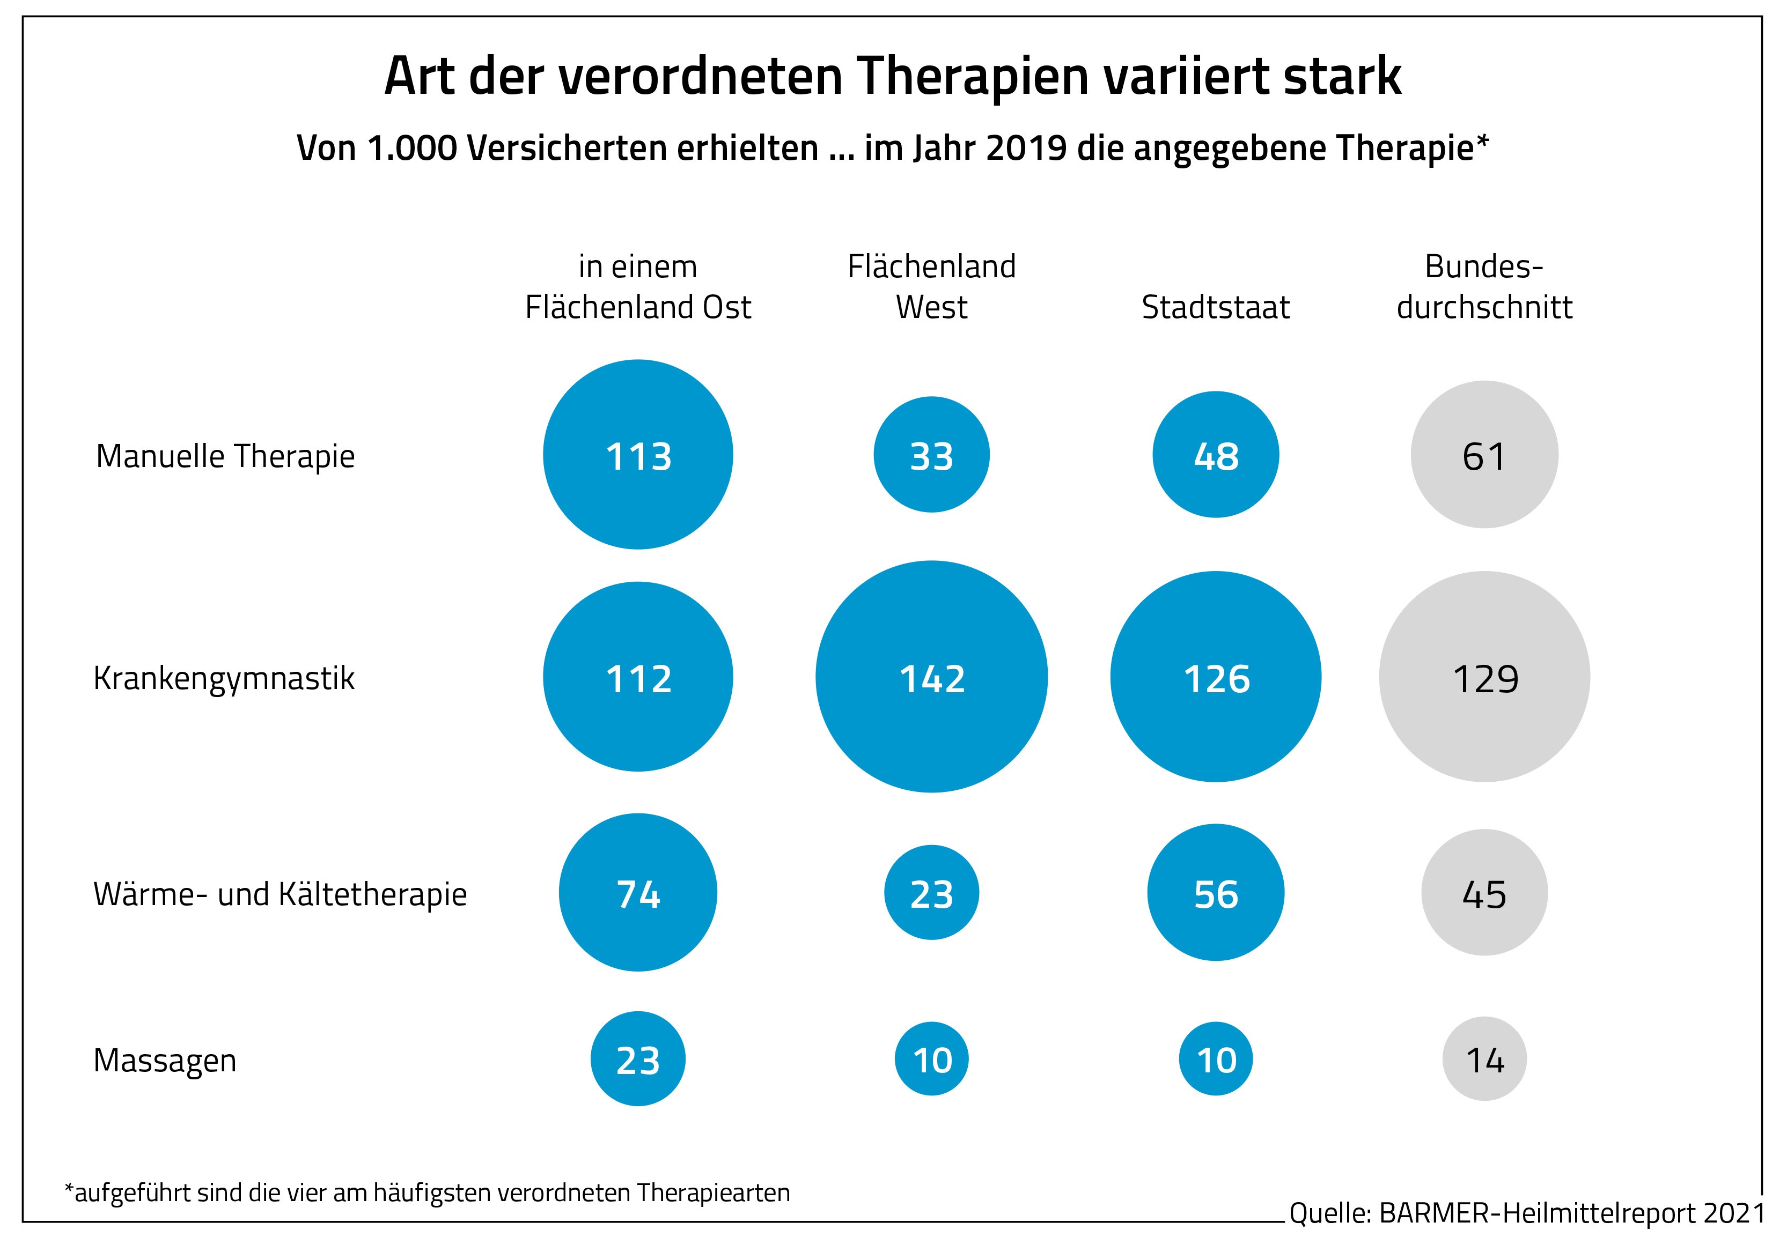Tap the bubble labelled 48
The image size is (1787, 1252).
click(x=1215, y=455)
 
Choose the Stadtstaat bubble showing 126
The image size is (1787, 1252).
click(x=1215, y=677)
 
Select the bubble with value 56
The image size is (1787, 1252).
click(x=1215, y=893)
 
